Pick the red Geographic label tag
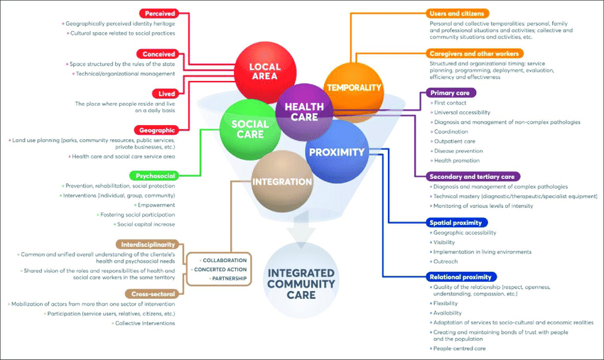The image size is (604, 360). [x=156, y=130]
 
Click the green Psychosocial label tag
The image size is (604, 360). [x=152, y=175]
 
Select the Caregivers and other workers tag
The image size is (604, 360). [x=475, y=53]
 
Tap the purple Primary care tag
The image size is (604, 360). [x=452, y=92]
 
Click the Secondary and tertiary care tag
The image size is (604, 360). [x=474, y=176]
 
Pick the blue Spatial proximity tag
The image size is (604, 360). [x=460, y=222]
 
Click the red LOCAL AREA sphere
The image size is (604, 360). [x=264, y=71]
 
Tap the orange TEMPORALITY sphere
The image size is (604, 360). [x=353, y=87]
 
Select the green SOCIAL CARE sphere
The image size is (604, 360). [x=249, y=128]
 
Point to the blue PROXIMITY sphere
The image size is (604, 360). [x=335, y=151]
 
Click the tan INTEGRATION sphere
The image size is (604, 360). [x=282, y=182]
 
